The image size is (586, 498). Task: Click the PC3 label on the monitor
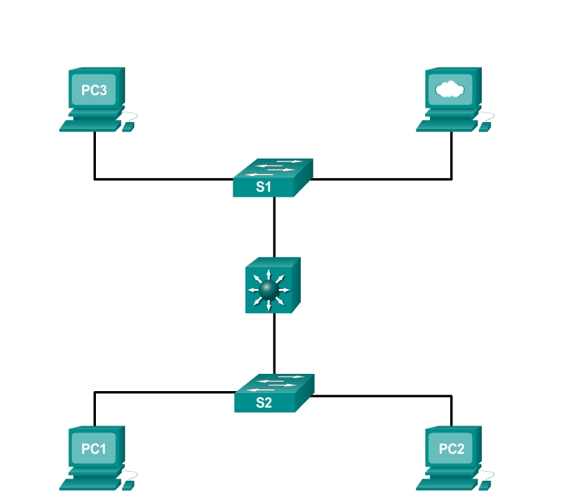(x=94, y=90)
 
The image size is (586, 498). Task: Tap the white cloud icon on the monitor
(x=450, y=90)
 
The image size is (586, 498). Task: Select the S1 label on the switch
(x=264, y=186)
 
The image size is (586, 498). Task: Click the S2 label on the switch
(x=264, y=402)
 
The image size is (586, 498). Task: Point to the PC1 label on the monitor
(x=93, y=449)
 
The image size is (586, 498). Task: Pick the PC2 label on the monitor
(x=451, y=449)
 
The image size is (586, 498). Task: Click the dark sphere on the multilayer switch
(x=268, y=290)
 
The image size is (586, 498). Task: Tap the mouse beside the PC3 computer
(x=128, y=127)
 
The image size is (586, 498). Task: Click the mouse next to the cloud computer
(x=485, y=127)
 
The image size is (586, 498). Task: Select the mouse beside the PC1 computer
(x=128, y=486)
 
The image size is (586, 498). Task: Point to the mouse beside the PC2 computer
(x=485, y=486)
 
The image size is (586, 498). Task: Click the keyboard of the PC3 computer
(x=90, y=126)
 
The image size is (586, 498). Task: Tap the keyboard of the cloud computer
(x=447, y=126)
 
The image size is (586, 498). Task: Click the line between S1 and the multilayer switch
(x=274, y=227)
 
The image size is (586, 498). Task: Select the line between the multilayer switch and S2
(x=274, y=343)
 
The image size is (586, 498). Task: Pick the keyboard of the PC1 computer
(x=90, y=485)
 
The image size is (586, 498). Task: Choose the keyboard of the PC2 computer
(x=447, y=485)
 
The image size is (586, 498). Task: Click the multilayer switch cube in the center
(x=273, y=285)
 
